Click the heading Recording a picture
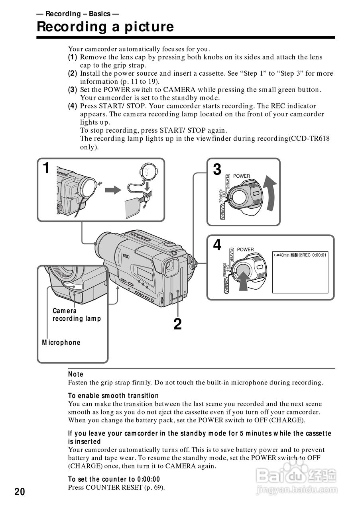coord(105,27)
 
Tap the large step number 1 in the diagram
coord(46,168)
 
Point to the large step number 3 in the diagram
coord(217,169)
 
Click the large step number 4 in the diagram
coord(217,245)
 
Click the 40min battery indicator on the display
coord(281,255)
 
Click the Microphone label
coord(61,343)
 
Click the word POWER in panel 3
coord(242,176)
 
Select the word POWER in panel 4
coord(245,249)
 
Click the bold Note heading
coord(76,374)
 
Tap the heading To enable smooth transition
coord(113,396)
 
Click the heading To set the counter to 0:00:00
coord(114,479)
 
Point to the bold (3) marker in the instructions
coord(73,90)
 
